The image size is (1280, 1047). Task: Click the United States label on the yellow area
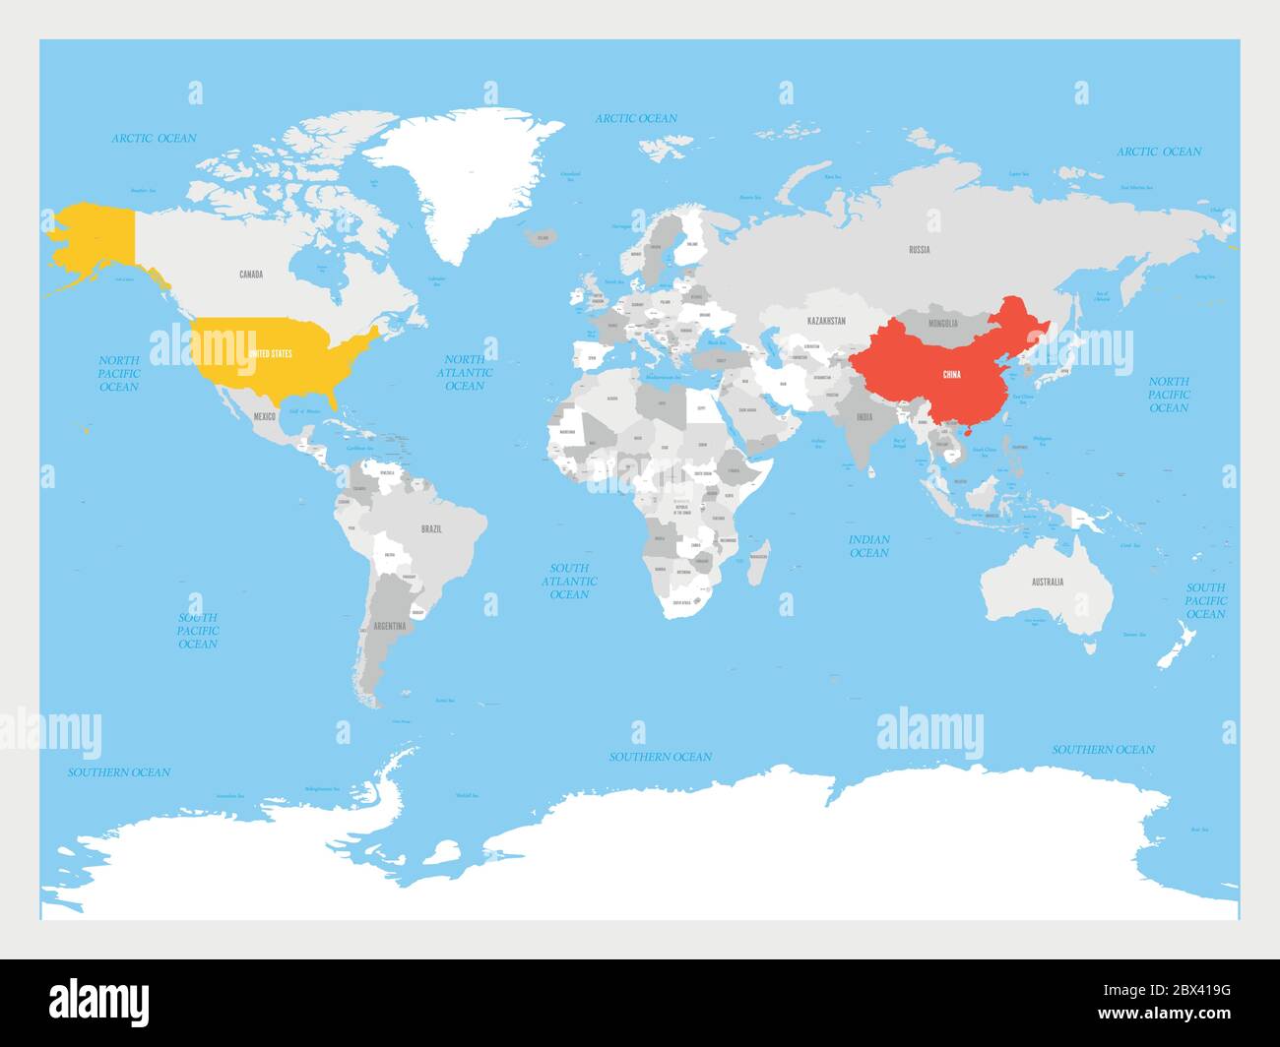[x=270, y=352]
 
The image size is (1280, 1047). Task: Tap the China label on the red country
[x=951, y=374]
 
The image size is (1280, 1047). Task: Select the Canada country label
[x=251, y=274]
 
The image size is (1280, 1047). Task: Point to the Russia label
[x=919, y=249]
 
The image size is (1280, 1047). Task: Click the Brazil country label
[x=431, y=528]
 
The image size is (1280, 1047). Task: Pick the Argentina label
[x=389, y=626]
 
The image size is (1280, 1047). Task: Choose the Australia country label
[x=1047, y=582]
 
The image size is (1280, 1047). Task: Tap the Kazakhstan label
[x=826, y=321]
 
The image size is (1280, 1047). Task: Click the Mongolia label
[x=942, y=323]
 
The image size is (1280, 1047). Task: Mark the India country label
[x=864, y=417]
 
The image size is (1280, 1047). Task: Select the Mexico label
[x=264, y=416]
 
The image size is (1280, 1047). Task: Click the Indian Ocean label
[x=868, y=546]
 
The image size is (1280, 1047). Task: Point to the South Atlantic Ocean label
[x=569, y=581]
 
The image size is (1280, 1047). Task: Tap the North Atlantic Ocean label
[x=465, y=373]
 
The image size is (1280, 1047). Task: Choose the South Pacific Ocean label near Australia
[x=1205, y=600]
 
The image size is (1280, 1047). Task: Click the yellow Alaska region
[x=94, y=236]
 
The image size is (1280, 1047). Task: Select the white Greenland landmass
[x=433, y=177]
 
